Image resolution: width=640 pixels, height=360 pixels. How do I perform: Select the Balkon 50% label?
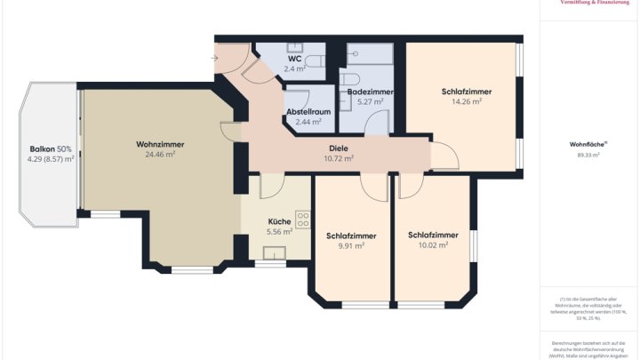click(x=51, y=148)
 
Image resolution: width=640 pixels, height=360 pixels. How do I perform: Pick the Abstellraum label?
click(x=308, y=111)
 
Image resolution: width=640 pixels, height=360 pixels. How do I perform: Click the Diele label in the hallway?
click(x=338, y=148)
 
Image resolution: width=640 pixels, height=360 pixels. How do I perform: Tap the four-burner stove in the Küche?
click(x=303, y=219)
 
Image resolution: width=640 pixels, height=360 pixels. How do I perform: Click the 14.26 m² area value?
click(x=466, y=102)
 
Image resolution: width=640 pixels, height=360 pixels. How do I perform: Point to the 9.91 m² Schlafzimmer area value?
click(x=350, y=246)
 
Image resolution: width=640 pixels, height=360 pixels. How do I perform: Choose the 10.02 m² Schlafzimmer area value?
click(x=433, y=245)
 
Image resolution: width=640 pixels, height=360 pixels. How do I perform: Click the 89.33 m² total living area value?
click(x=588, y=155)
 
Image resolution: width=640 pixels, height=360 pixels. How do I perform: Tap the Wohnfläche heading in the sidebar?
click(x=588, y=143)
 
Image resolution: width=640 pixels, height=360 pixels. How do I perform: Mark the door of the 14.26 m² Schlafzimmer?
click(x=444, y=158)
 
